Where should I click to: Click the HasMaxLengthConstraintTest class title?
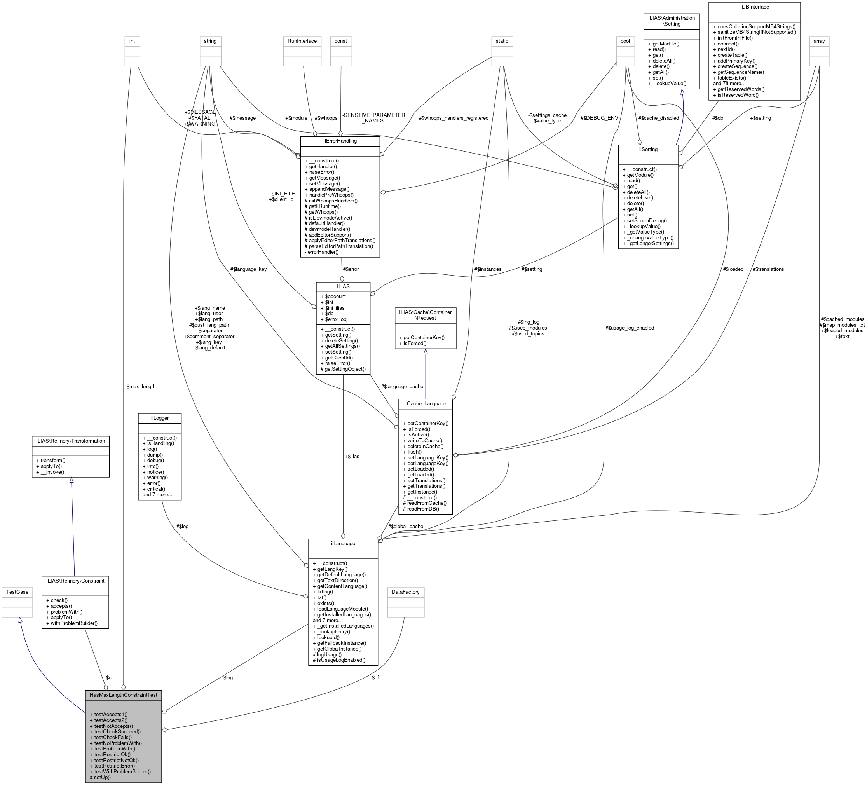(x=124, y=695)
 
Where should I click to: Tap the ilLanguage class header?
(x=343, y=543)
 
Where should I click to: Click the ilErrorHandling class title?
(x=340, y=141)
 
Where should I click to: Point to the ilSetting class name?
(x=648, y=149)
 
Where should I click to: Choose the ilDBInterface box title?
(x=754, y=7)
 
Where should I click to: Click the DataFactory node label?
(x=406, y=592)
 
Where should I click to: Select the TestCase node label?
(x=17, y=592)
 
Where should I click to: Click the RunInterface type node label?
(x=302, y=41)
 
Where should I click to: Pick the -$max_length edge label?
(x=140, y=386)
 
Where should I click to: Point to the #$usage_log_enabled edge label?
(x=630, y=328)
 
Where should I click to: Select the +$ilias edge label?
(x=351, y=456)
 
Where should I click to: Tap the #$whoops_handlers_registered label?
(x=453, y=118)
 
